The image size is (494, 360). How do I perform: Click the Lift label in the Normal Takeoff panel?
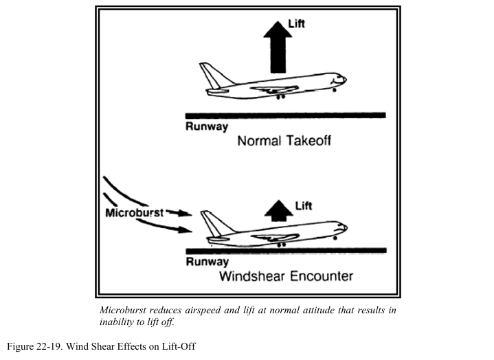click(x=297, y=24)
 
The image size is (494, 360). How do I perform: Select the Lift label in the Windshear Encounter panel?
click(x=303, y=205)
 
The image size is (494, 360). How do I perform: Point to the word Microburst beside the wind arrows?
click(x=134, y=213)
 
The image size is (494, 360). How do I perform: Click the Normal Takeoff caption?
click(x=284, y=142)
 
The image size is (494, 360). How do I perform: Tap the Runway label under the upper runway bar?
click(x=206, y=127)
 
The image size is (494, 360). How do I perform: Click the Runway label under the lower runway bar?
click(x=206, y=262)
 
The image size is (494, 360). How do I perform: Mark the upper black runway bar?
click(x=285, y=115)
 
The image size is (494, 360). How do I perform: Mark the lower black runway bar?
click(x=285, y=250)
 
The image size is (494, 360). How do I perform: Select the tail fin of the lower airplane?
click(x=212, y=221)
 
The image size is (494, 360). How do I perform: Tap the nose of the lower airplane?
click(x=343, y=229)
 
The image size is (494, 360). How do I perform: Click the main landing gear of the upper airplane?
click(x=279, y=97)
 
